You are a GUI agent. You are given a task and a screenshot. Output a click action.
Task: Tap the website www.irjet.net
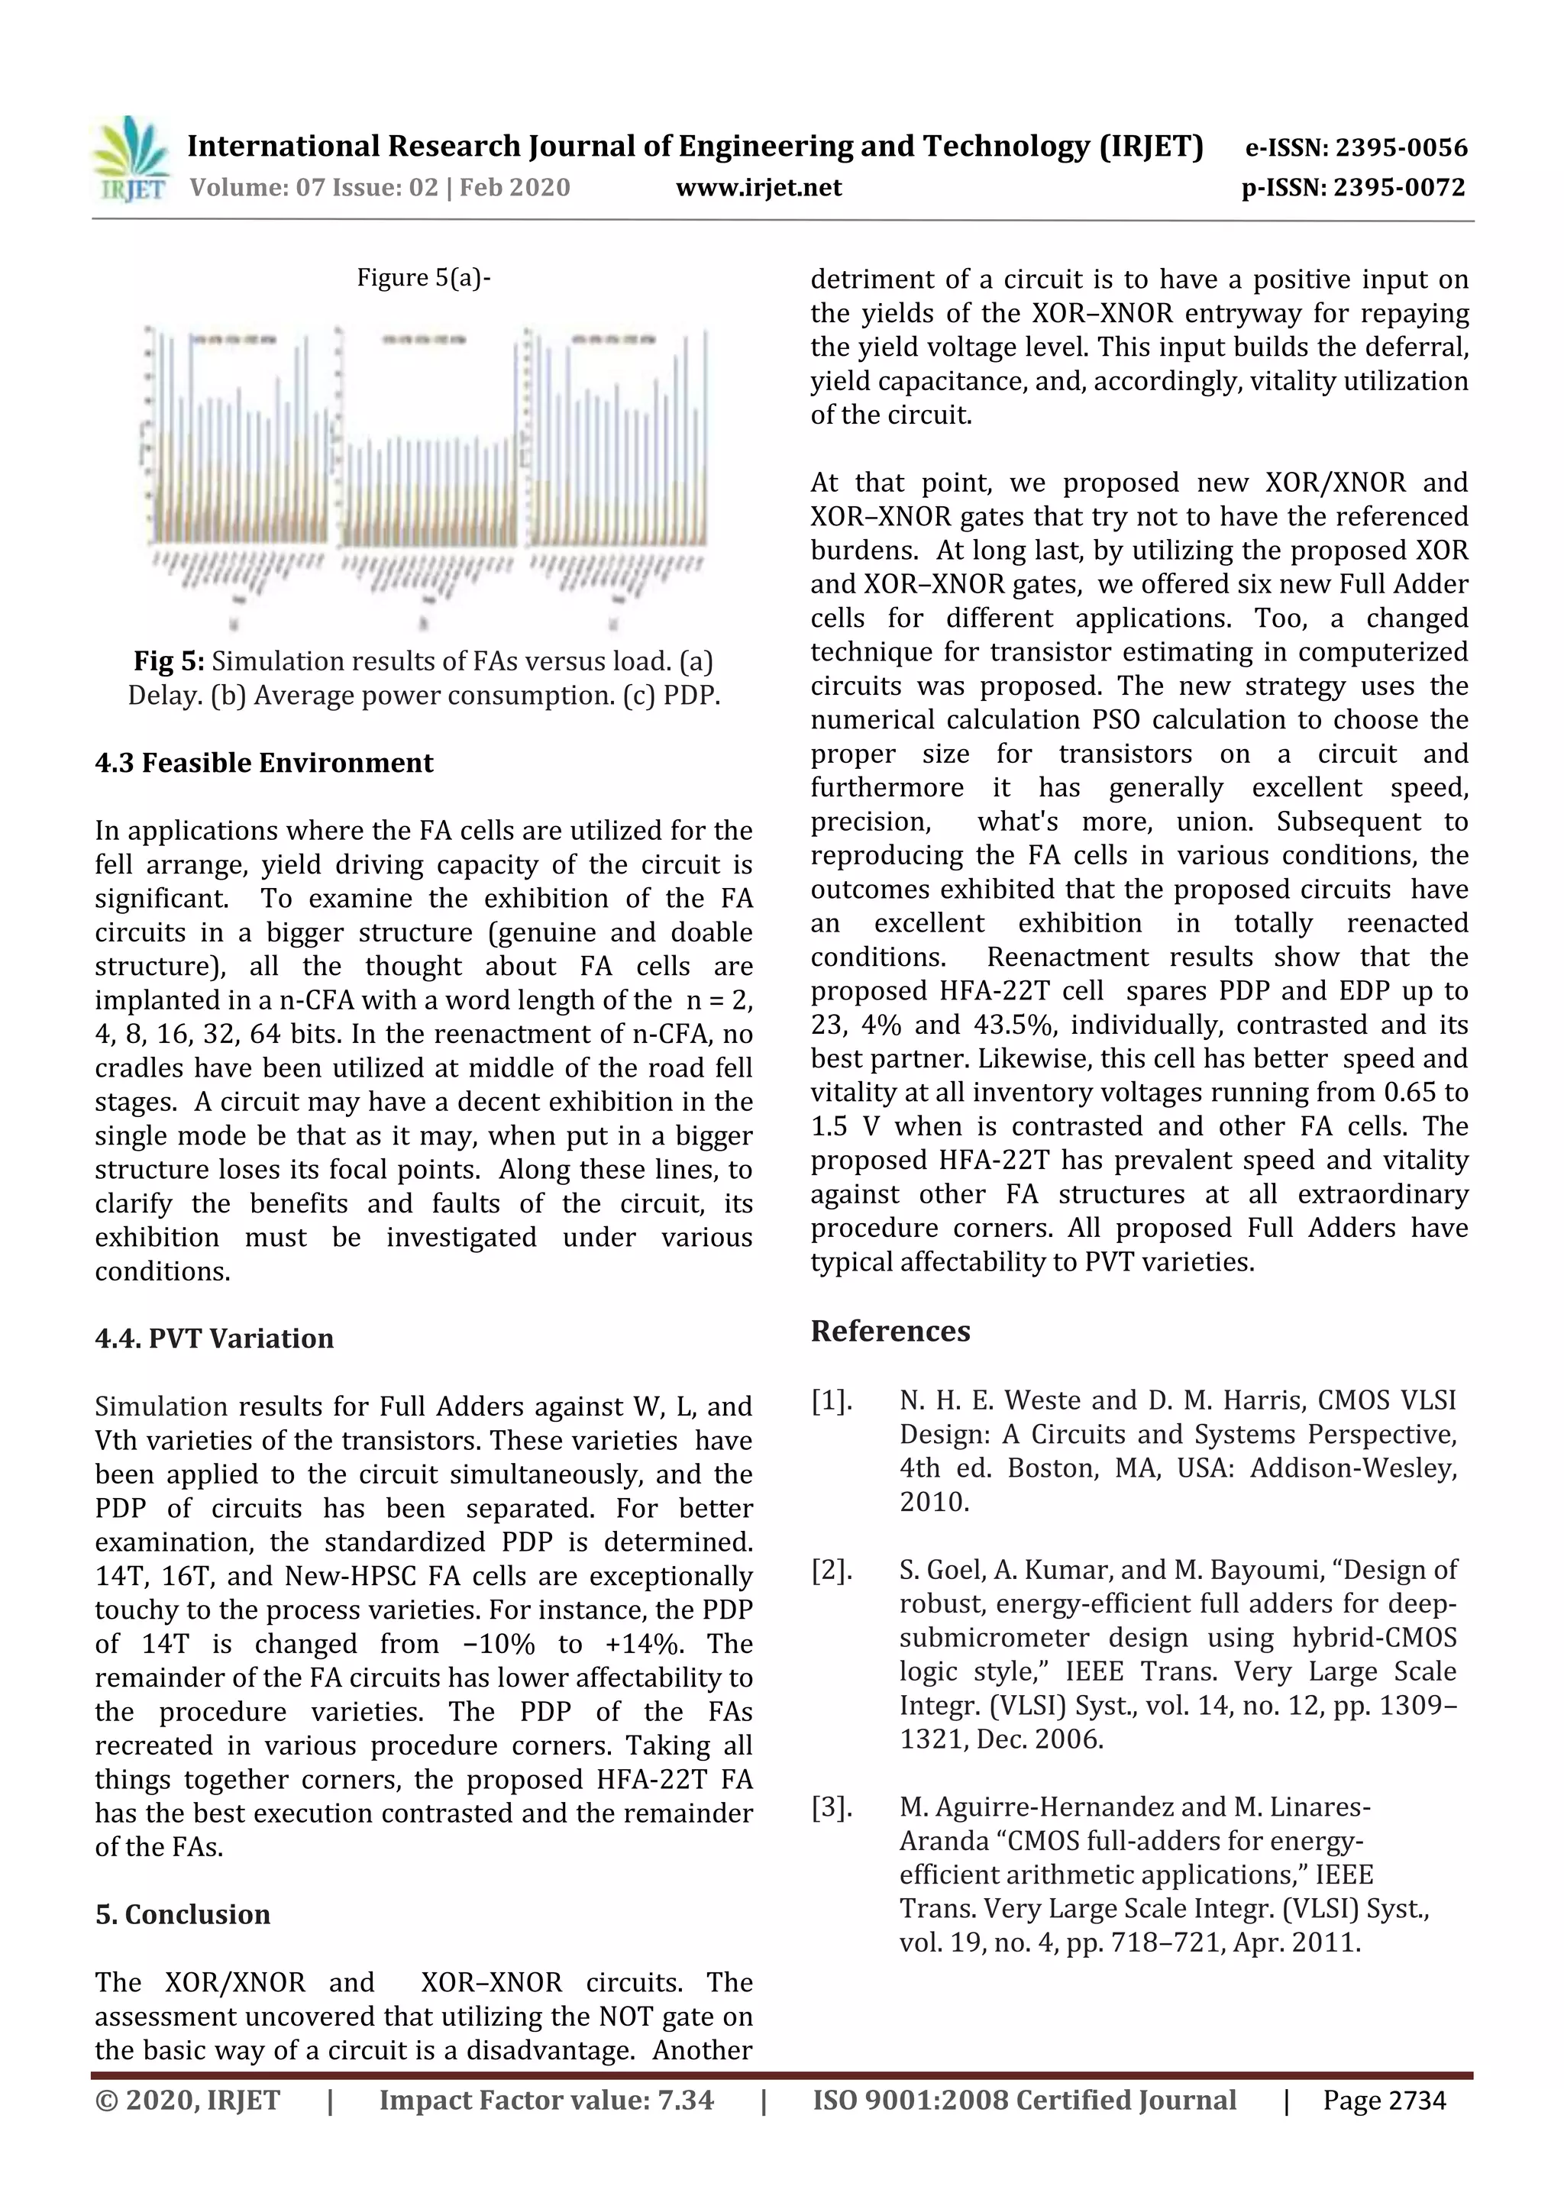pyautogui.click(x=758, y=187)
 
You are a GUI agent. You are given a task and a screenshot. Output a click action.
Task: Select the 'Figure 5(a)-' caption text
pyautogui.click(x=424, y=277)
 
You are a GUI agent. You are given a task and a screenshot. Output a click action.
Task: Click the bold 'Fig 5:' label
pyautogui.click(x=169, y=661)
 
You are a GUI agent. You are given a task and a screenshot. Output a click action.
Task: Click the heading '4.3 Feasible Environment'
pyautogui.click(x=264, y=763)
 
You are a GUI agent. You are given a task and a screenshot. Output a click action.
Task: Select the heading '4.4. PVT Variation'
pyautogui.click(x=214, y=1339)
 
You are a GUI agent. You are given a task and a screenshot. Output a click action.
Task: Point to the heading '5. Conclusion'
pyautogui.click(x=182, y=1914)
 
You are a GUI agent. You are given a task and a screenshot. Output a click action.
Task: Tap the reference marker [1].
pyautogui.click(x=831, y=1401)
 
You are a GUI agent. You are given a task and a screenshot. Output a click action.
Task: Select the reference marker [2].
pyautogui.click(x=831, y=1571)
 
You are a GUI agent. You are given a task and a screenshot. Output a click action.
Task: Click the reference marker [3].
pyautogui.click(x=831, y=1807)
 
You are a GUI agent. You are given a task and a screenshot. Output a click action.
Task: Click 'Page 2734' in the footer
pyautogui.click(x=1384, y=2101)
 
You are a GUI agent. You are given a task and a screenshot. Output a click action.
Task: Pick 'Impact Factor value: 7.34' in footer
pyautogui.click(x=545, y=2101)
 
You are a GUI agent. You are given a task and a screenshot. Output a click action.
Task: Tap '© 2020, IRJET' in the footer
pyautogui.click(x=188, y=2101)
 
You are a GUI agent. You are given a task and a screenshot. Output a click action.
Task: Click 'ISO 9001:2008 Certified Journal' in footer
pyautogui.click(x=1023, y=2101)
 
